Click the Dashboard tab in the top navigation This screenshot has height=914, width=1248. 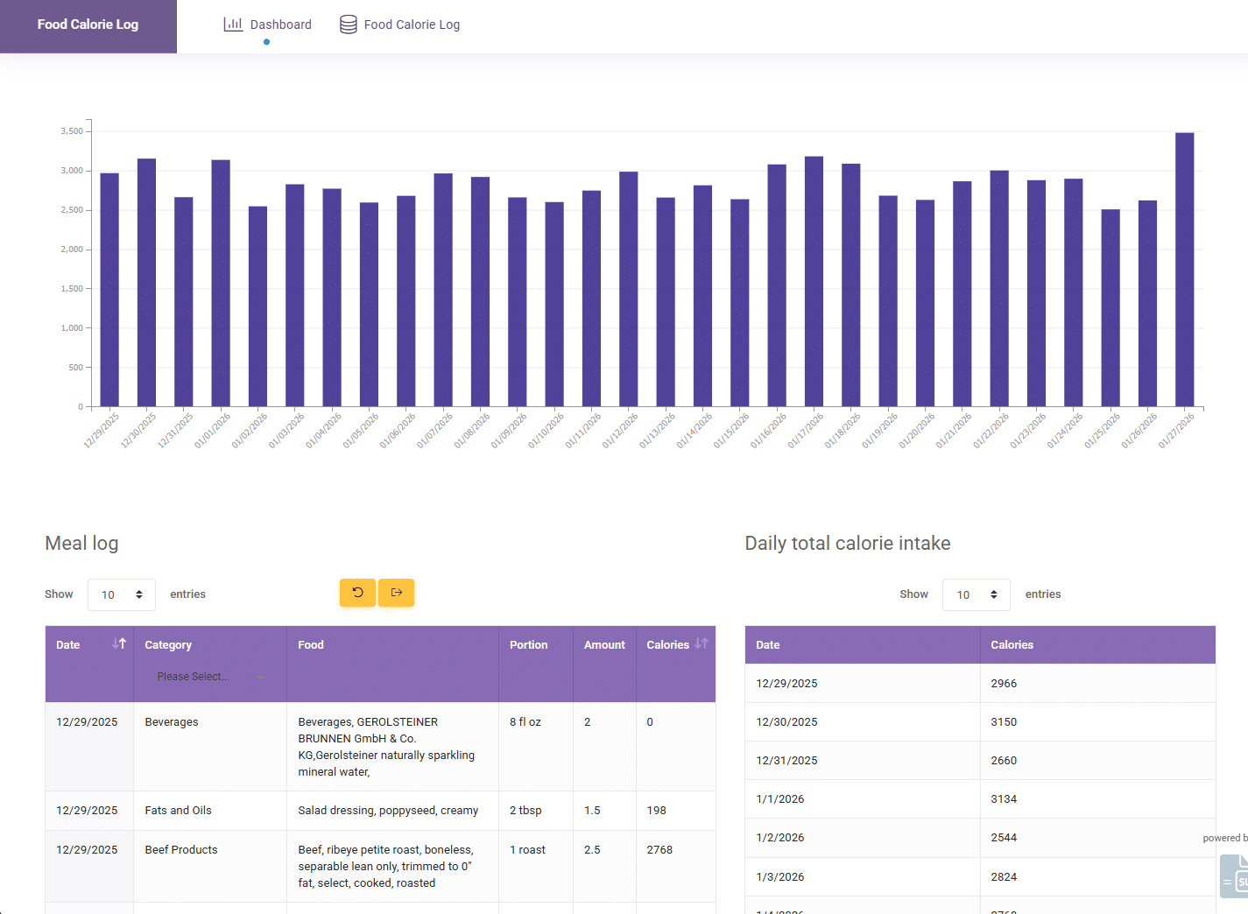coord(268,25)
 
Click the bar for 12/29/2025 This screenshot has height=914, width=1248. coord(109,290)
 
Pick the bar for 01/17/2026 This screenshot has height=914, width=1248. coord(814,281)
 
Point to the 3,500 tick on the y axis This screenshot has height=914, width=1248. coord(72,131)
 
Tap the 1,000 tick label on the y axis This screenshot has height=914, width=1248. coord(72,328)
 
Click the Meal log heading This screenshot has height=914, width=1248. coord(81,543)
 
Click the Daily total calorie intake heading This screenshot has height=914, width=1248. coord(847,543)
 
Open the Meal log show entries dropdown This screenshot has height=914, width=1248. coord(122,594)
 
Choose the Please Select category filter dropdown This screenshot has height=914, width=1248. coord(209,677)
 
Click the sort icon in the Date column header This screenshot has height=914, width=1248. coord(119,644)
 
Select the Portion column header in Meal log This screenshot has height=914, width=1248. coord(528,645)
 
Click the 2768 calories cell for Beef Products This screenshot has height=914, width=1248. coord(659,850)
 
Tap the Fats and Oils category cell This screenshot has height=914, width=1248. coord(179,811)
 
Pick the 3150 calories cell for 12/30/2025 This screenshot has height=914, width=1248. coord(1004,722)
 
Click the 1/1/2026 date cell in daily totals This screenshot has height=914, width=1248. coord(779,799)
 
